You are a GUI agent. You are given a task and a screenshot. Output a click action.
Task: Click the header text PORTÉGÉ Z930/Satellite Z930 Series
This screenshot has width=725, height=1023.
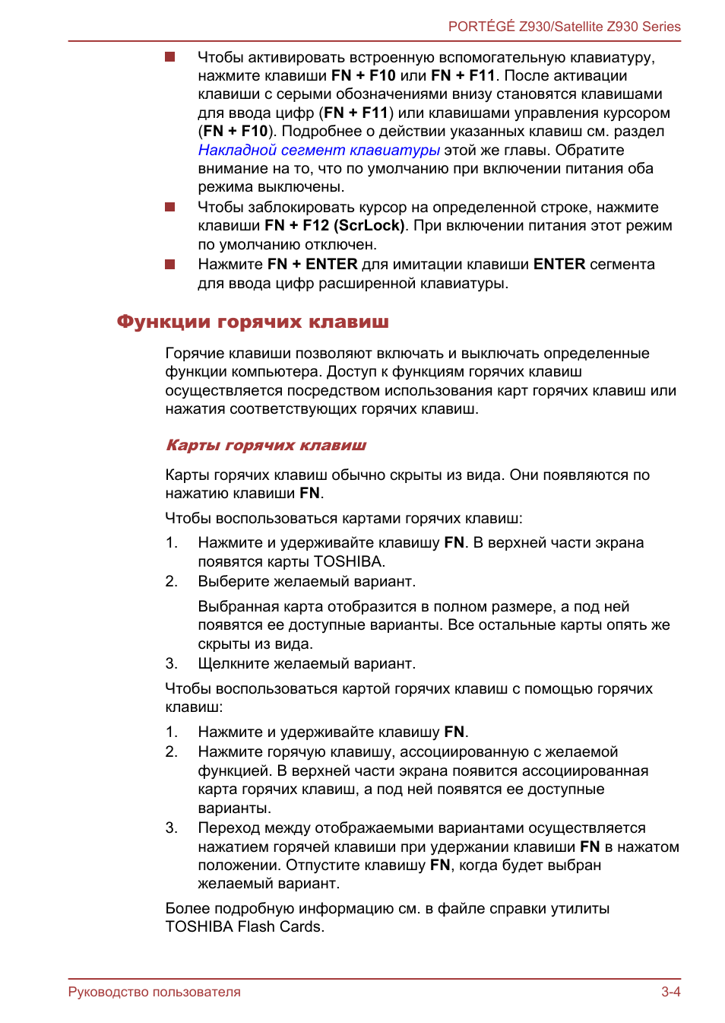564,27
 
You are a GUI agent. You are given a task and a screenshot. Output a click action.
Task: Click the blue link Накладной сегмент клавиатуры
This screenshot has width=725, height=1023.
318,151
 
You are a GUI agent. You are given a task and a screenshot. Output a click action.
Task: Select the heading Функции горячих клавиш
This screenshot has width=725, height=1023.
252,322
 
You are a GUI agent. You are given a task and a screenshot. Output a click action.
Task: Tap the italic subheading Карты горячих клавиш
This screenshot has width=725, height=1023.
266,446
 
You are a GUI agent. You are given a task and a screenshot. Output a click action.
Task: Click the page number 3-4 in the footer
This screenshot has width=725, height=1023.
670,992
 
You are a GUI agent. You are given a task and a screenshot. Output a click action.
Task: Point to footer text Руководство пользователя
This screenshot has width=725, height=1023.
154,992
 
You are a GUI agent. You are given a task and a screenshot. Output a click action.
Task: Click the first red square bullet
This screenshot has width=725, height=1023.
170,57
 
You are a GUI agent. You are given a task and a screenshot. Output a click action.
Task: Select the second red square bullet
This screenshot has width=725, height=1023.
170,207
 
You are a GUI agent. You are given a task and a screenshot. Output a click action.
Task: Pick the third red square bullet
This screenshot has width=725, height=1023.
170,265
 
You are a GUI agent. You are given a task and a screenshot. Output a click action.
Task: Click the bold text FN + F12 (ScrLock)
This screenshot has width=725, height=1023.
334,226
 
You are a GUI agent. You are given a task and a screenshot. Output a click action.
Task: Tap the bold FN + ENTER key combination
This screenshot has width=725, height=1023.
312,265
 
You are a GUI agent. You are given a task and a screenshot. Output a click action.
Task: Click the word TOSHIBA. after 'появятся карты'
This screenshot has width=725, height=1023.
350,562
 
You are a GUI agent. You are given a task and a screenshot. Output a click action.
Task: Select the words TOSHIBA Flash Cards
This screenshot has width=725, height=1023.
245,927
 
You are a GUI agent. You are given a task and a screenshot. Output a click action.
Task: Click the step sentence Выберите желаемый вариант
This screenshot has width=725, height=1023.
306,582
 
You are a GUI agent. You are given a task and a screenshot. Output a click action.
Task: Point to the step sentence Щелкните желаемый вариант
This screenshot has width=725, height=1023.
306,664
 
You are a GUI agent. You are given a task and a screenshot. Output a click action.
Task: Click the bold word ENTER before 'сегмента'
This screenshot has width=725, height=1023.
559,265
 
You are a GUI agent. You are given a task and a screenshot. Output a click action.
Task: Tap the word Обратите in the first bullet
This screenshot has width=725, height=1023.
590,151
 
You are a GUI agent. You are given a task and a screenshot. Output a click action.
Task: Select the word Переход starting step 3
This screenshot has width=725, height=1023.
228,828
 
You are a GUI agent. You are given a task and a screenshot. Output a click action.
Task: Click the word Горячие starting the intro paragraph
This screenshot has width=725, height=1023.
195,354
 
